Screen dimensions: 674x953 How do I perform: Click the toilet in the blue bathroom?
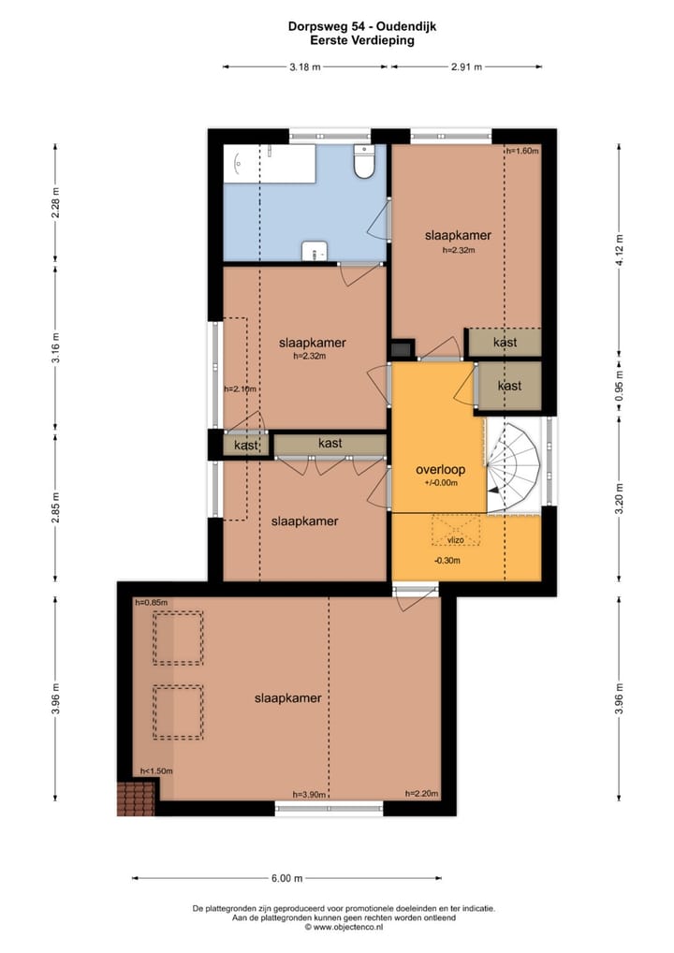(x=365, y=161)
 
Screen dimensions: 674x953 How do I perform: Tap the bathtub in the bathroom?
(x=270, y=164)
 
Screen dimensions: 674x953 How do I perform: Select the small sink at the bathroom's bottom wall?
(x=315, y=251)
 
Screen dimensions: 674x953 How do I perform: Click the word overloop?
(x=441, y=469)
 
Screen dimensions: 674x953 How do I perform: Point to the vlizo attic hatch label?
(x=456, y=540)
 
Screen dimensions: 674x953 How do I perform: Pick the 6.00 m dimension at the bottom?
(x=286, y=877)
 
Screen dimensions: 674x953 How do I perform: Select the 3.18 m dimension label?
(x=305, y=66)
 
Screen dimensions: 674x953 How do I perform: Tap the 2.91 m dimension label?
(x=467, y=66)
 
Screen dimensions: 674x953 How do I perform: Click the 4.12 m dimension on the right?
(x=620, y=250)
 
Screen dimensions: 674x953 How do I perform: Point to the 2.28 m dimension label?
(x=55, y=205)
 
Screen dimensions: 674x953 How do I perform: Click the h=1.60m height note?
(x=522, y=151)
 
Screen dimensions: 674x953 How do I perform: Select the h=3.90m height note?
(x=309, y=794)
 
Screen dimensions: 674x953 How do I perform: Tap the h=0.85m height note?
(x=152, y=602)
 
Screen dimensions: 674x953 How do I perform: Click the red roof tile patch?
(x=136, y=799)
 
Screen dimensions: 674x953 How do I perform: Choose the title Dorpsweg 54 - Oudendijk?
(x=362, y=26)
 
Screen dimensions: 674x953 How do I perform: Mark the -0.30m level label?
(x=447, y=561)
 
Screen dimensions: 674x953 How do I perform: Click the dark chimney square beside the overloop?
(x=401, y=349)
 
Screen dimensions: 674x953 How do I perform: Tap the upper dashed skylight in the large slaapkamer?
(x=178, y=638)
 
